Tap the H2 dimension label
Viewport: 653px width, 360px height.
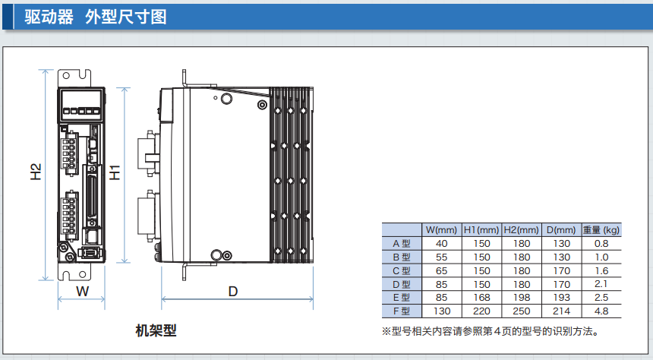tap(36, 172)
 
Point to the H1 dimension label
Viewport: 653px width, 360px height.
tap(115, 172)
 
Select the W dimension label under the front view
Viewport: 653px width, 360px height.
tap(83, 292)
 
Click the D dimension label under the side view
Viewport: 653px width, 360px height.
tap(233, 292)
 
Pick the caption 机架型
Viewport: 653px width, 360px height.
tap(155, 330)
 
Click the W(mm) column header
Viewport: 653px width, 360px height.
tap(441, 230)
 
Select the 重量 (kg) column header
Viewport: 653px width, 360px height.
tap(601, 230)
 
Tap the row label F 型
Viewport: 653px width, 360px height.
tap(402, 311)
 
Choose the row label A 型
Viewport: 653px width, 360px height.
tap(402, 244)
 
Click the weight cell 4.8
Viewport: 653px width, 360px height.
tap(601, 311)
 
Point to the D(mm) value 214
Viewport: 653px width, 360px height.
tap(561, 311)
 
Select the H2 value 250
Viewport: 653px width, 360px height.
tap(522, 311)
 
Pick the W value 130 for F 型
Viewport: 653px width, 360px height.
tap(441, 311)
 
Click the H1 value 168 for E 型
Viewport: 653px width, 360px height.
tap(481, 298)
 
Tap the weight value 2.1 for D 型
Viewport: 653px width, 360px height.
tap(601, 284)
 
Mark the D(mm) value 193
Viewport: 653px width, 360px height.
tap(561, 298)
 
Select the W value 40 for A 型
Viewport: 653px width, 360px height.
tap(441, 244)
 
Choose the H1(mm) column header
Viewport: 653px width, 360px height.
tap(481, 230)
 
